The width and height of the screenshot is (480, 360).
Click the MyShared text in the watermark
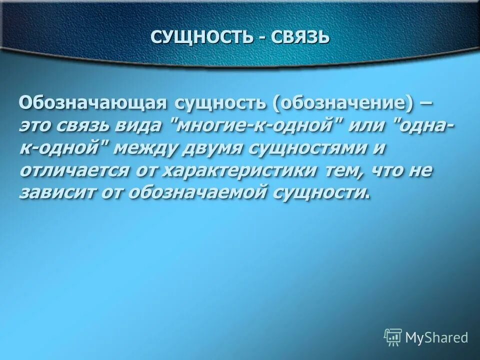(436, 337)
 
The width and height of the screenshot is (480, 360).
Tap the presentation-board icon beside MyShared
(393, 337)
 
